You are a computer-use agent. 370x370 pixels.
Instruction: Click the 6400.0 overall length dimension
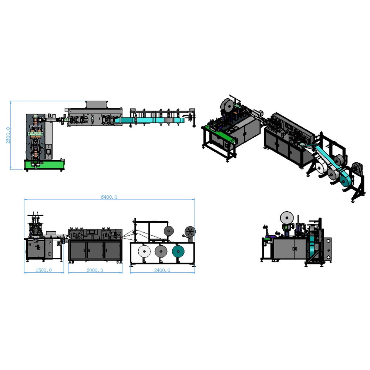tap(109, 197)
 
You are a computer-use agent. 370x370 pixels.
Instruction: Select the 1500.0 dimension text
tap(44, 270)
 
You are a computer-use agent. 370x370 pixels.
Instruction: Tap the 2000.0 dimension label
tap(95, 270)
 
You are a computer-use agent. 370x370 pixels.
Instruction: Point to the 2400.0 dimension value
tap(162, 270)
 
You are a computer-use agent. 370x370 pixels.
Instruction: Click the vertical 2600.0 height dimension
tap(8, 135)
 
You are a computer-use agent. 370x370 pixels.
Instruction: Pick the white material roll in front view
tap(144, 251)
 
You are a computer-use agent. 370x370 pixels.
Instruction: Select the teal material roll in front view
tap(178, 251)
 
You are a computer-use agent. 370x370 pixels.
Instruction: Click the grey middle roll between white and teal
tap(161, 251)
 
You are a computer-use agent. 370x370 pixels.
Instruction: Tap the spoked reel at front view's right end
tap(190, 232)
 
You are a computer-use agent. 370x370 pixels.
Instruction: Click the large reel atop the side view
tap(287, 218)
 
